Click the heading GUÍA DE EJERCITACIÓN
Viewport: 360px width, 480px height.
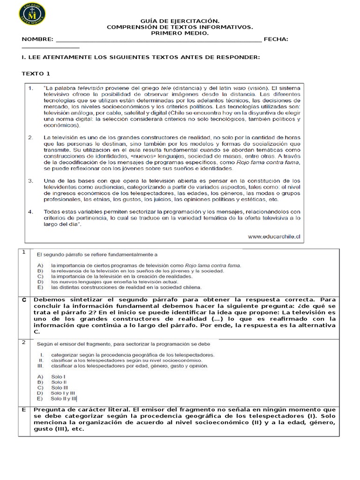[x=180, y=21]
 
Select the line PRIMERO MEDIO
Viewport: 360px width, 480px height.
[x=180, y=33]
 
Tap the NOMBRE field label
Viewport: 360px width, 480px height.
[x=37, y=39]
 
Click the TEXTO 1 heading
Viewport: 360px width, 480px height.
[x=36, y=74]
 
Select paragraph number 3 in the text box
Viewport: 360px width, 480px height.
[x=30, y=180]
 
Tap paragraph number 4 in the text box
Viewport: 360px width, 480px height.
[x=30, y=211]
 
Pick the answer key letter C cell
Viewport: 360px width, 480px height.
[x=23, y=300]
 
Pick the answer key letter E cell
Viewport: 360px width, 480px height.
[x=23, y=410]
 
